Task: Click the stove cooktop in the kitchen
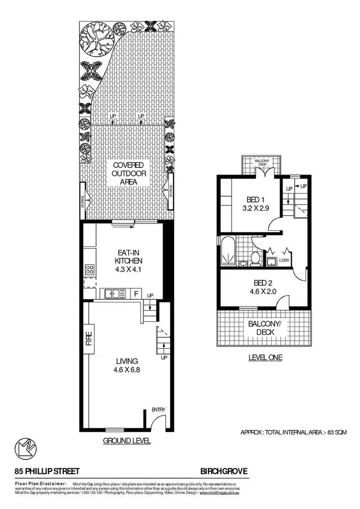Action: coord(90,269)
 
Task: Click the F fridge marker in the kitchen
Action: coord(136,293)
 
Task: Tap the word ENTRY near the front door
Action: coord(158,409)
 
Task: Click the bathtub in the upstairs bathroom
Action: coord(227,251)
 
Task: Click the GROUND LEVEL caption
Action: coord(127,440)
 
